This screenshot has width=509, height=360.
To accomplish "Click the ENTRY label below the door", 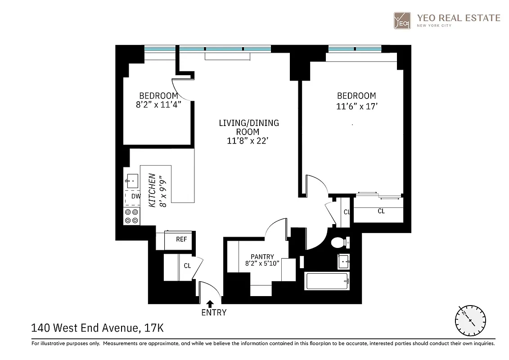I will [213, 312].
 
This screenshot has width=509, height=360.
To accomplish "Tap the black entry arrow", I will [209, 304].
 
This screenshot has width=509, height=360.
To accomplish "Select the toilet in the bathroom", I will [338, 243].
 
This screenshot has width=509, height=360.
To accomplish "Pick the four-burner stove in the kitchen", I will [132, 216].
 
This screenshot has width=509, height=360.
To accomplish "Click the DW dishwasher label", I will [135, 197].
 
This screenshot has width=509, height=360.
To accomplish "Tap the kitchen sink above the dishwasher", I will [132, 181].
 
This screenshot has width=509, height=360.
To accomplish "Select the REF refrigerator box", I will [181, 239].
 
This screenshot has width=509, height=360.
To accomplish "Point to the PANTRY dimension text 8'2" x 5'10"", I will [262, 263].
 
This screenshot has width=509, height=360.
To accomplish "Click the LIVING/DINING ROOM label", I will [249, 127].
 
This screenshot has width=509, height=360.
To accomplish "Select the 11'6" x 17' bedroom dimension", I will [356, 106].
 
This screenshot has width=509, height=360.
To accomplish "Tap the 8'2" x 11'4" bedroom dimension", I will [158, 104].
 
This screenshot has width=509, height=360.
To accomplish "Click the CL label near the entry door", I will [187, 266].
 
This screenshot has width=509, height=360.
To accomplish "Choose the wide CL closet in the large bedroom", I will [381, 211].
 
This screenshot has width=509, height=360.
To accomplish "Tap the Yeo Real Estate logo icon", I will [402, 20].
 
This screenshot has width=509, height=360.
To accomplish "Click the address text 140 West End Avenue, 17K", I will [97, 328].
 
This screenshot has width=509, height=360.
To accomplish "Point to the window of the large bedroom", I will [355, 49].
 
